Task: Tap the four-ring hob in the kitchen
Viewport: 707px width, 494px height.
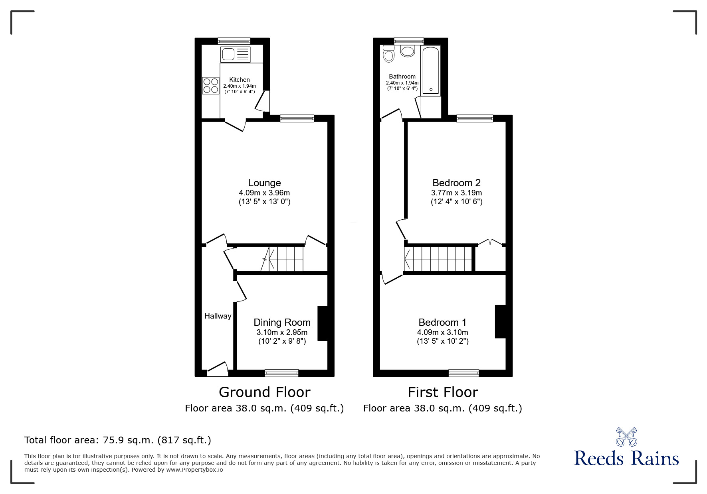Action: click(210, 85)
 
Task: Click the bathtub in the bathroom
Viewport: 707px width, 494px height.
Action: click(431, 71)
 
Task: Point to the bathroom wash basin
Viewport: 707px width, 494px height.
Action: click(408, 51)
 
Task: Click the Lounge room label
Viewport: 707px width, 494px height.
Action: click(264, 183)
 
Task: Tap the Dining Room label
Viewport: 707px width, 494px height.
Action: click(282, 323)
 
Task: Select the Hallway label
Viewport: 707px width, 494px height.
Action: click(218, 316)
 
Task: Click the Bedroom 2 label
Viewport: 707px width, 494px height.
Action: click(456, 183)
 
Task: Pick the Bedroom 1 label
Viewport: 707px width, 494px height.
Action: click(442, 323)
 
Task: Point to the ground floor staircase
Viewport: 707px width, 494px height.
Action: click(285, 259)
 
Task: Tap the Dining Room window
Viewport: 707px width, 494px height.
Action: click(281, 373)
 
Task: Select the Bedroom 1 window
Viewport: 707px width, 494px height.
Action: click(463, 373)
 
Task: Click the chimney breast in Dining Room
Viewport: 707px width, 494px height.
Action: click(323, 323)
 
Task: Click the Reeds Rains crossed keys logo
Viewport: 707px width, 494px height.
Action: click(626, 437)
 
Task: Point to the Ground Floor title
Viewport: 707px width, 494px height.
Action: click(264, 392)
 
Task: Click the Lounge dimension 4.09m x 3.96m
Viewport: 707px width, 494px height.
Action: click(264, 193)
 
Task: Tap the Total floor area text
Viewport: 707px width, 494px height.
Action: click(118, 440)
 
